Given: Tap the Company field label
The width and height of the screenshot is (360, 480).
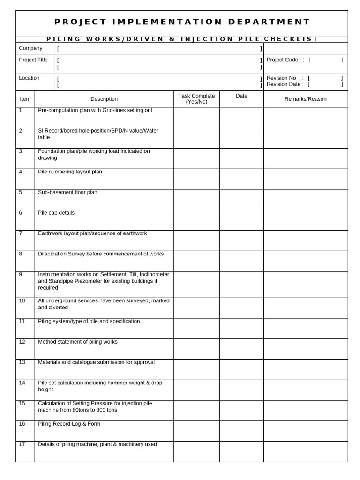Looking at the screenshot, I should coord(30,48).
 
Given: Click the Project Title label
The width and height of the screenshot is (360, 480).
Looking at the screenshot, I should coord(33,60).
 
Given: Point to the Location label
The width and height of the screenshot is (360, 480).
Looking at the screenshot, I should coord(29,78).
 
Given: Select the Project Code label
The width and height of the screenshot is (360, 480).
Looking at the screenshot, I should coord(282,60).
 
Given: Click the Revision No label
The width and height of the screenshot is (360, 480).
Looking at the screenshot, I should coord(281,78).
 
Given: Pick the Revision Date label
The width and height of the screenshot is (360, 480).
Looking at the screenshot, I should coord(284,84).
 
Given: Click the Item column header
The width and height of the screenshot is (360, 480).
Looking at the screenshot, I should coord(25,99).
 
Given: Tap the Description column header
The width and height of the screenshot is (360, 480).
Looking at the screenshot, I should coord(104,99).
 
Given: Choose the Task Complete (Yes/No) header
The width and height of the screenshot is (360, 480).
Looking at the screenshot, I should coord(196,99).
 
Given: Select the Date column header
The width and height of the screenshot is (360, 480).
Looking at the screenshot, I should coord(241,96).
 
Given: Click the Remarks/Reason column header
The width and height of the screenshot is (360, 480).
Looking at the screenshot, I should coord(306,99).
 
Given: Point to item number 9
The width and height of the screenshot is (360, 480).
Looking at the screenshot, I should coord(21,275).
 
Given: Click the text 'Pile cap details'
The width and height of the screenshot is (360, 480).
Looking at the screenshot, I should coord(56,213).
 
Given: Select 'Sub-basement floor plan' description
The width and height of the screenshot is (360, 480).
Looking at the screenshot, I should coord(67,193).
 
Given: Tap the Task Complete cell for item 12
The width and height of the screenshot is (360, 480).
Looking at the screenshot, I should coord(196,349).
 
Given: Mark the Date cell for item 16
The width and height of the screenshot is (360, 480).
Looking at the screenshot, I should coord(241,431).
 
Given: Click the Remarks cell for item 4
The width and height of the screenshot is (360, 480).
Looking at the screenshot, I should coord(306,179).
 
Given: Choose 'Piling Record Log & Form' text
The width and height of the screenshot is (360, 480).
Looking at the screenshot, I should coord(69,424).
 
